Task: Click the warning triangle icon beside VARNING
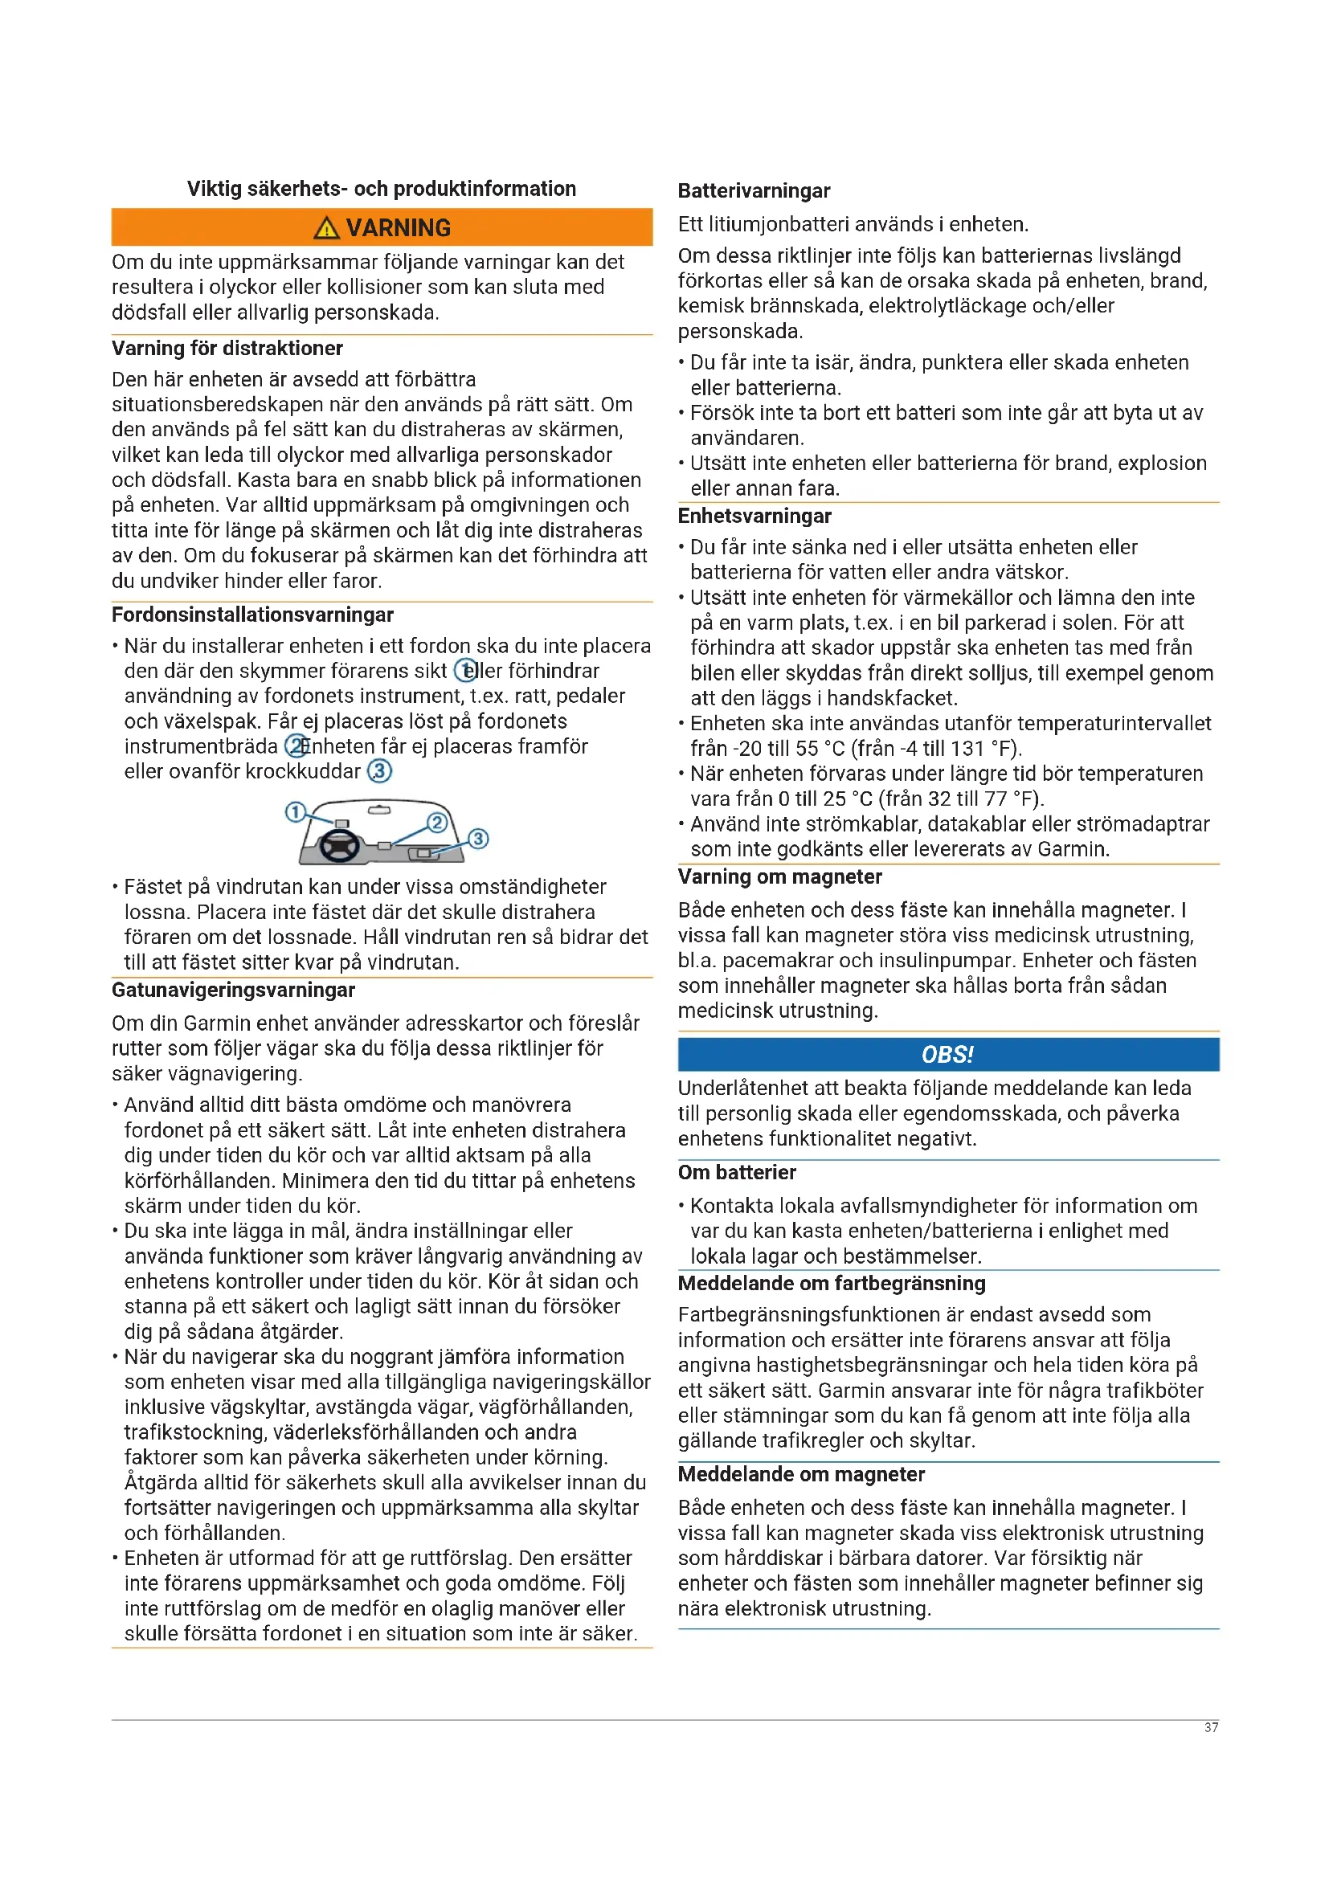[x=325, y=227]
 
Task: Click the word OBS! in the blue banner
[x=947, y=1054]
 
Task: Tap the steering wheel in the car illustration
[x=339, y=844]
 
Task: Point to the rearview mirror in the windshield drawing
[x=379, y=810]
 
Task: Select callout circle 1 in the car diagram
[x=295, y=812]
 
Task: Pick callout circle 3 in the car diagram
[x=478, y=838]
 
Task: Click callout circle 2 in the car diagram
[x=437, y=823]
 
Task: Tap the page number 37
[x=1211, y=1728]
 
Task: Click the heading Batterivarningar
[x=754, y=190]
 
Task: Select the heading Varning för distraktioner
[x=227, y=348]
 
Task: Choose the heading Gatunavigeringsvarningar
[x=233, y=991]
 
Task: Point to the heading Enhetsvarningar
[x=754, y=516]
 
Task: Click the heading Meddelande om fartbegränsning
[x=832, y=1283]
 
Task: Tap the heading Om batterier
[x=737, y=1172]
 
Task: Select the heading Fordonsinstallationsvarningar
[x=252, y=615]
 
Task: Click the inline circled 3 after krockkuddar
[x=379, y=771]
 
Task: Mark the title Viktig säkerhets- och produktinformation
[x=382, y=188]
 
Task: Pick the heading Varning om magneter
[x=779, y=876]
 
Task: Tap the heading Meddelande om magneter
[x=801, y=1474]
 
